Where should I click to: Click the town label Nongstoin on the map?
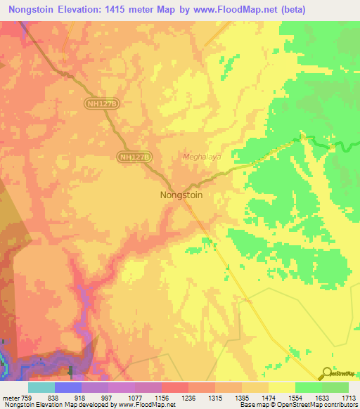click(181, 195)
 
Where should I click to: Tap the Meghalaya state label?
click(202, 157)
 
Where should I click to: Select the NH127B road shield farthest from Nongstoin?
click(103, 103)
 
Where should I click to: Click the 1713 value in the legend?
click(348, 398)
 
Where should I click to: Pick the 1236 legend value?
click(188, 398)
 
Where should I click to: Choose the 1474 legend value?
click(268, 398)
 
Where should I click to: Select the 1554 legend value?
click(295, 398)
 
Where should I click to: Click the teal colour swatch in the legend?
click(41, 387)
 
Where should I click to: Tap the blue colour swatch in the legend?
click(67, 387)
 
